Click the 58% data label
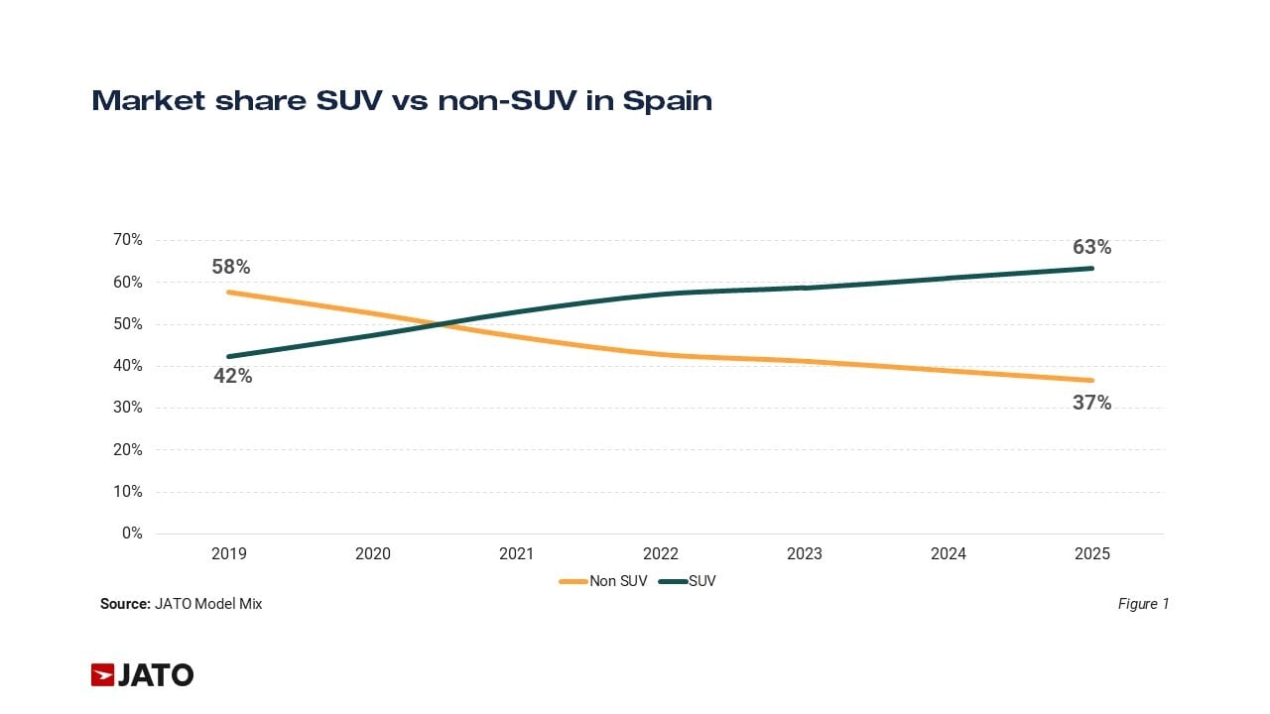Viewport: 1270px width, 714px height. pos(230,267)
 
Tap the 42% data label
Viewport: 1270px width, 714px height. pos(233,376)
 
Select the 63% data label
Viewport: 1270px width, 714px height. pos(1091,247)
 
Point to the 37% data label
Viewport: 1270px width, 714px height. pos(1091,403)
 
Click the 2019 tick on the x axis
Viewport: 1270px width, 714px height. pos(229,554)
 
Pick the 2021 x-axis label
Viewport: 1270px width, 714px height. pos(517,554)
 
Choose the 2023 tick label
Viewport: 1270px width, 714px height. pos(805,554)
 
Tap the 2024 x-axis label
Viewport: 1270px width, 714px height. pos(949,554)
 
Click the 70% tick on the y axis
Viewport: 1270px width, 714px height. pos(127,240)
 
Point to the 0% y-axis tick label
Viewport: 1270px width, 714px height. pos(132,534)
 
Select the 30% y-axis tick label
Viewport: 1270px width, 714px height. pos(127,408)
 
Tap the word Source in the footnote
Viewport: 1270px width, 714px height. pos(124,604)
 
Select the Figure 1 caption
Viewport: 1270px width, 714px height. pos(1143,604)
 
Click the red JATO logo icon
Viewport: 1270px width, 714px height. pos(103,675)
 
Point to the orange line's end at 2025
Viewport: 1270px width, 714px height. pos(1092,380)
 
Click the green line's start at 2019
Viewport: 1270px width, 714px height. pos(229,356)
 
